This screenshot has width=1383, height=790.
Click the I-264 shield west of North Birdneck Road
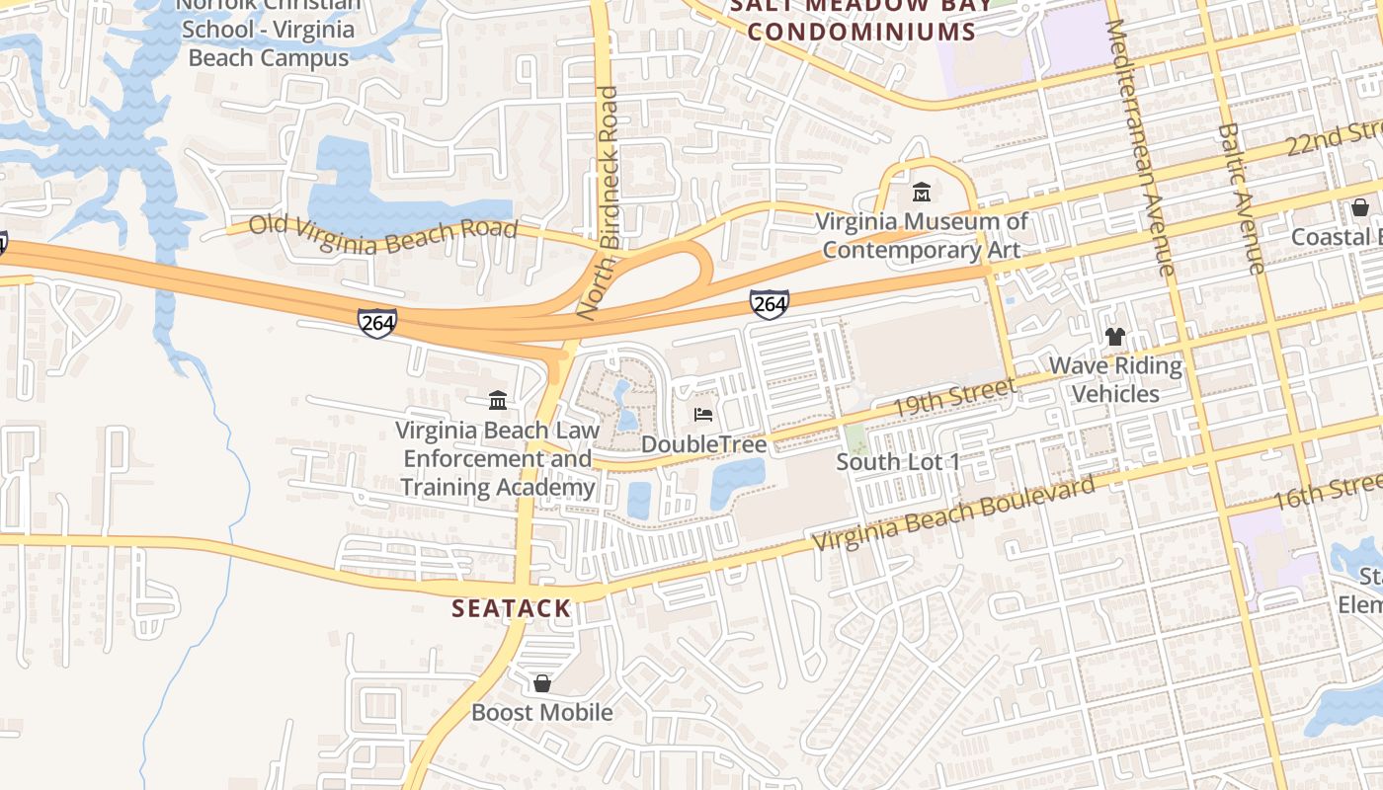point(377,322)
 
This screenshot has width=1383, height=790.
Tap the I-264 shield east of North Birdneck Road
point(769,304)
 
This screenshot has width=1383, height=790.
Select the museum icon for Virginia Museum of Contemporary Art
point(922,192)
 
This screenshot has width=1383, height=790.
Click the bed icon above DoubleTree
point(703,415)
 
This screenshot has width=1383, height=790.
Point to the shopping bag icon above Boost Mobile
point(542,682)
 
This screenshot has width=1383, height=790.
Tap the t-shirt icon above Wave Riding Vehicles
point(1115,336)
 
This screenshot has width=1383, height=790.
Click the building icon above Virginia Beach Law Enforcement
point(498,400)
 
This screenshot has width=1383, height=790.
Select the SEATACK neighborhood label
point(511,608)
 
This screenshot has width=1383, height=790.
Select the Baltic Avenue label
point(1241,197)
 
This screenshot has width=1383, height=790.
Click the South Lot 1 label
point(898,462)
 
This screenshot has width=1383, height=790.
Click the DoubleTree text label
point(703,444)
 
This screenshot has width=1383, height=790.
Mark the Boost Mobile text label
point(541,712)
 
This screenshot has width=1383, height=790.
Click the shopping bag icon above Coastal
point(1359,207)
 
